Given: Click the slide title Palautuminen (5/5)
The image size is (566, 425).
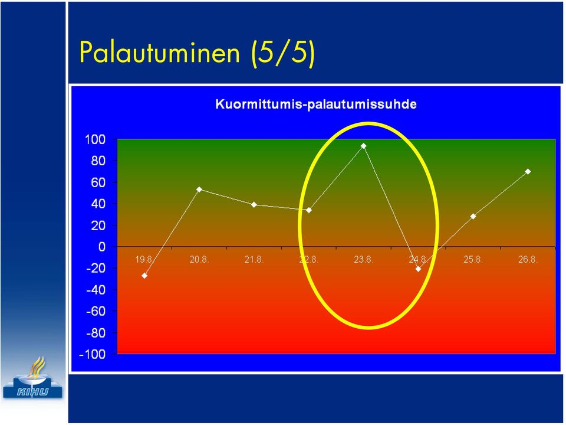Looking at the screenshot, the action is [x=197, y=53].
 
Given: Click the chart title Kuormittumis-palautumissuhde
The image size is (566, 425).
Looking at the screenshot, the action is [x=316, y=104].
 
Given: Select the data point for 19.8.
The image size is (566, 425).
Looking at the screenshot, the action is [x=144, y=276].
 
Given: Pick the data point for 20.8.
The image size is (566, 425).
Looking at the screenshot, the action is [x=199, y=189].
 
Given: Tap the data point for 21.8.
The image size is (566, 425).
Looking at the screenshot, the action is [x=254, y=205].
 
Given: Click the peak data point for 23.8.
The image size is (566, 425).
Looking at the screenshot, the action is [x=364, y=146].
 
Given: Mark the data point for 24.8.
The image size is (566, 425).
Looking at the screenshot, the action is [x=419, y=269].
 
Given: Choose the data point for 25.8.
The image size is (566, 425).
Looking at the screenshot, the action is [x=473, y=216].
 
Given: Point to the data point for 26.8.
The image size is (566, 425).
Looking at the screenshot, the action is [x=528, y=172].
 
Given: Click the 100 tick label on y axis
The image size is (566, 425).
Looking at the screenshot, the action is [x=95, y=139].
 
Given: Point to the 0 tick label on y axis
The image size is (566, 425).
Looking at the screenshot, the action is [x=102, y=247].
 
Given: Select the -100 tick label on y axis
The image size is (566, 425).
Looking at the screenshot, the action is [x=93, y=354].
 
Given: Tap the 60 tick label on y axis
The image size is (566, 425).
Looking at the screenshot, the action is [x=98, y=182].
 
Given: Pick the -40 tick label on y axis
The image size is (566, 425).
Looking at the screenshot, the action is [x=96, y=290].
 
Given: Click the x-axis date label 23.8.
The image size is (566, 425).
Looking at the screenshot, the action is [x=364, y=260].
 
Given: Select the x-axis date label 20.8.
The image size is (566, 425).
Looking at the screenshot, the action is [x=199, y=260].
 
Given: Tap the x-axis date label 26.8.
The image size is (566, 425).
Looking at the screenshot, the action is [x=528, y=260].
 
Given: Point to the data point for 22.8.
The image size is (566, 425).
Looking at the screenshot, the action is [x=309, y=210].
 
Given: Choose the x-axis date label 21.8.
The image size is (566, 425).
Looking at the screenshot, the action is [x=254, y=260].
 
